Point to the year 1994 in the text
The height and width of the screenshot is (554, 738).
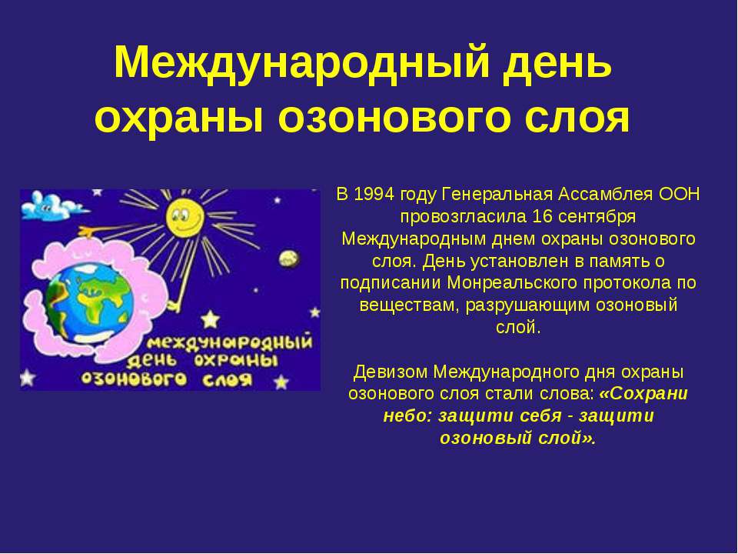[x=374, y=194]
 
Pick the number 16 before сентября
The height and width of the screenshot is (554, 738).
[x=542, y=216]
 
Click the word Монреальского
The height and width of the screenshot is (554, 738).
[x=512, y=283]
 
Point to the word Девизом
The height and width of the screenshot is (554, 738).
[x=391, y=372]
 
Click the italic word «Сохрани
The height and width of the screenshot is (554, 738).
[x=643, y=394]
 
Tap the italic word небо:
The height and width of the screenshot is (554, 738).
[x=407, y=416]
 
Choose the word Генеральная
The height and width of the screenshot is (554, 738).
[x=497, y=194]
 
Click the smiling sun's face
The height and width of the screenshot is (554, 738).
[x=184, y=218]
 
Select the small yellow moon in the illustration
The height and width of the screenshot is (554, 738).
[x=288, y=259]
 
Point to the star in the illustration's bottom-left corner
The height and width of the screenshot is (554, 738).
[x=28, y=377]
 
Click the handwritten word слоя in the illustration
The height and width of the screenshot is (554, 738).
[x=228, y=379]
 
